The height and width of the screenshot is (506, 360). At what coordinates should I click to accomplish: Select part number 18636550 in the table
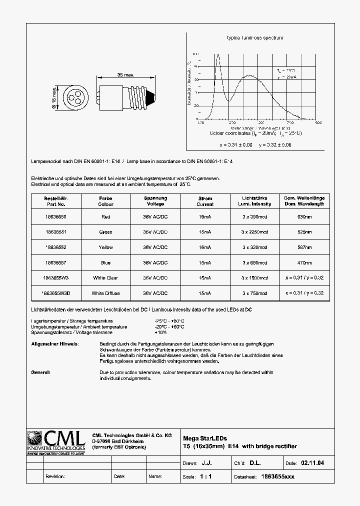pos(55,216)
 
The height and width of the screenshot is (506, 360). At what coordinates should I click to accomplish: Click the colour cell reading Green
pos(105,232)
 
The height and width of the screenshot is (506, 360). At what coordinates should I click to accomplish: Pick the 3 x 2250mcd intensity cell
pos(254,232)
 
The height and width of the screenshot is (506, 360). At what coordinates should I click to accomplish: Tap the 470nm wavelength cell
pos(304,262)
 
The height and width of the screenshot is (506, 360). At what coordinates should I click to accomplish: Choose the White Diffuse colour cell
pos(105,293)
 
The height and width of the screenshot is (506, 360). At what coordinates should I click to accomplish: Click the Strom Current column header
pos(205,201)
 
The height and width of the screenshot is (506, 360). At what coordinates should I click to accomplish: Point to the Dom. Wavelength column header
pos(304,201)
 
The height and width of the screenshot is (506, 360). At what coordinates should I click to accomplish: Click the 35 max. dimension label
pos(125,75)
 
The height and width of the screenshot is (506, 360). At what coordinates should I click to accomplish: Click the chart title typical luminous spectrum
pos(255,38)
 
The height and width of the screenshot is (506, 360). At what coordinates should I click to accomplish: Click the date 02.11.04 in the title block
pos(312,463)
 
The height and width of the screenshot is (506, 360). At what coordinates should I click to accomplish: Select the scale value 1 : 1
pos(205,476)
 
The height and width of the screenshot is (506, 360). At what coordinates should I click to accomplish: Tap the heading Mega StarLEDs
pos(205,438)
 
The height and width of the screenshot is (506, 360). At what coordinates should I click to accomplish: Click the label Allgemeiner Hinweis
pos(54,344)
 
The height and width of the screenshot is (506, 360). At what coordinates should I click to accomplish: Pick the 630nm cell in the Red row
pos(304,216)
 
